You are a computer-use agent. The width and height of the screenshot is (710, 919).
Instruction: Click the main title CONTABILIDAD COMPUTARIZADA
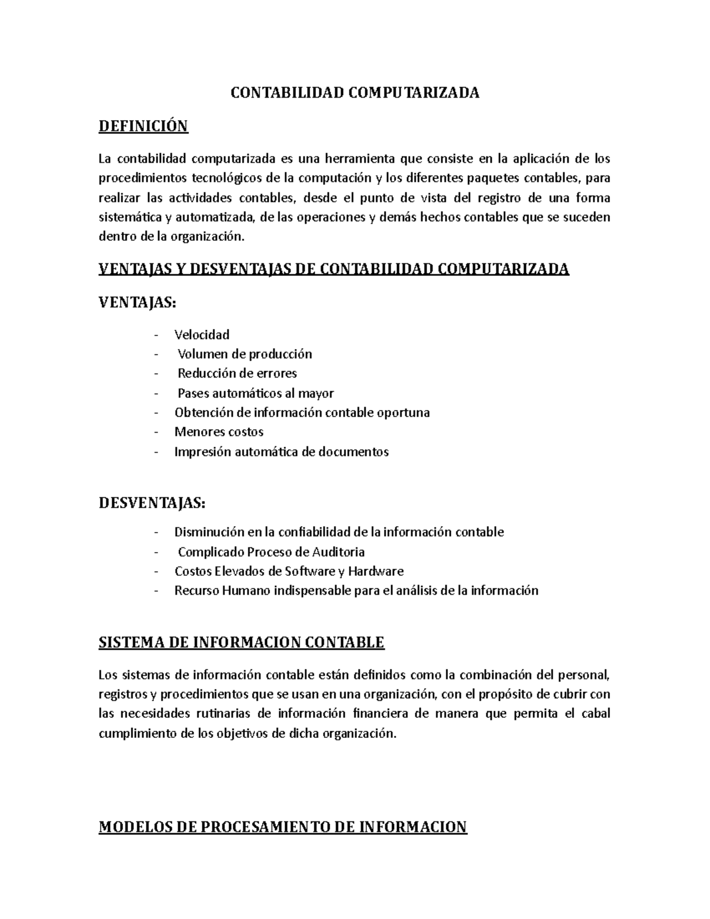(x=354, y=93)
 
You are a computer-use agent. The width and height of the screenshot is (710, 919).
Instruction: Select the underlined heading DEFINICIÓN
(x=143, y=126)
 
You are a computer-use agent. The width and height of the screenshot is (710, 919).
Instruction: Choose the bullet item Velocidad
(x=202, y=335)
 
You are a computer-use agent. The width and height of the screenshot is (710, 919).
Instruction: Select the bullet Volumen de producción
(x=244, y=354)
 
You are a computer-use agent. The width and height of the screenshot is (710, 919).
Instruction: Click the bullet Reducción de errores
(x=237, y=373)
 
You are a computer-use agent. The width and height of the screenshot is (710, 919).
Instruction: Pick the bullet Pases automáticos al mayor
(x=256, y=393)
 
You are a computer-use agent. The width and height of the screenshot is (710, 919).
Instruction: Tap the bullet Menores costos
(x=219, y=432)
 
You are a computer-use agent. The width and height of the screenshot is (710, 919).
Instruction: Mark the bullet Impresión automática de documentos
(x=282, y=452)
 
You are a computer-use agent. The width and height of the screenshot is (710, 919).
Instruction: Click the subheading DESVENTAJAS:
(x=153, y=503)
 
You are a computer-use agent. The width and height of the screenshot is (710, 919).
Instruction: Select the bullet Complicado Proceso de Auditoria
(x=271, y=552)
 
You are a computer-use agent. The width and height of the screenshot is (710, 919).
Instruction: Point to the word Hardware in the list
(x=376, y=572)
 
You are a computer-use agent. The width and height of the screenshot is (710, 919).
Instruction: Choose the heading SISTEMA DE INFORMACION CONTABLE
(x=241, y=643)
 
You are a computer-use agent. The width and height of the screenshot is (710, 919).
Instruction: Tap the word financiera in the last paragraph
(x=379, y=714)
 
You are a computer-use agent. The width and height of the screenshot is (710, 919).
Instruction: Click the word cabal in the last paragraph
(x=595, y=714)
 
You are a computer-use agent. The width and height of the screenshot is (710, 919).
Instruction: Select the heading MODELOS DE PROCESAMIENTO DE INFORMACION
(x=283, y=827)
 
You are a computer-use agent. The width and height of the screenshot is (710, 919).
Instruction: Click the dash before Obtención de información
(x=156, y=413)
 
